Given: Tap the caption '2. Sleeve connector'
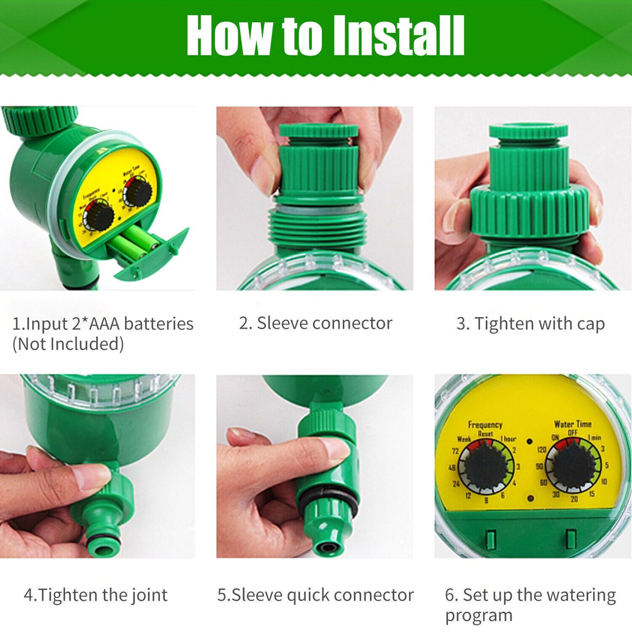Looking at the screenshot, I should coord(315,323).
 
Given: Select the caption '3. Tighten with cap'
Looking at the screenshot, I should coord(531,324).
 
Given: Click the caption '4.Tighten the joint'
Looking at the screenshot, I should coord(95,595).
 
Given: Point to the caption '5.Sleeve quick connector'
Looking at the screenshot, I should coord(315,595).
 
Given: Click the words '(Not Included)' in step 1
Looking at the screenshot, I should coord(68,344).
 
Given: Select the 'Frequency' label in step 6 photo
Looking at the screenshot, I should coord(485,425).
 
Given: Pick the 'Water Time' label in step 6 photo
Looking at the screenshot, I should coord(573,424).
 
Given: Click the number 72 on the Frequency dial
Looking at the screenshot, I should coord(455,451).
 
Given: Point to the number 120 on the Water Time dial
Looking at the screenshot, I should coord(541,450).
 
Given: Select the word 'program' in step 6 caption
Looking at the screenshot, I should coord(478,615).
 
